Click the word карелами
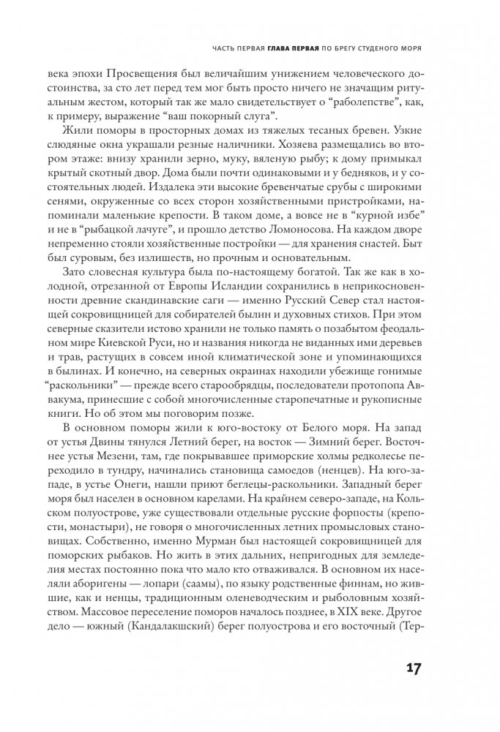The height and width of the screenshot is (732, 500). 217,521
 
